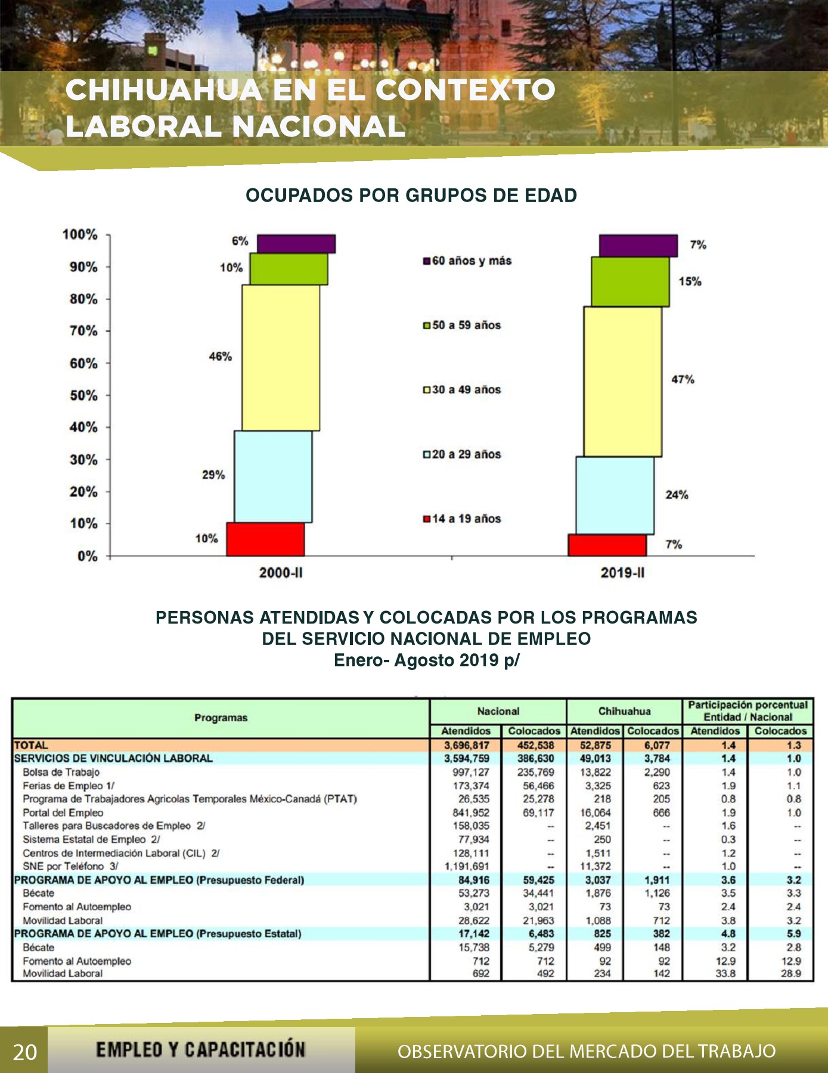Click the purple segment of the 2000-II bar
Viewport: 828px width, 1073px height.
[x=296, y=244]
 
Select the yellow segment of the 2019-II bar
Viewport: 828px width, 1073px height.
[x=622, y=382]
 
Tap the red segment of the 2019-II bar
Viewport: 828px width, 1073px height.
[x=607, y=545]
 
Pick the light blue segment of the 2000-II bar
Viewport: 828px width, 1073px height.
[x=273, y=477]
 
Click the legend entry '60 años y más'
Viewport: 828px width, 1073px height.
[x=467, y=261]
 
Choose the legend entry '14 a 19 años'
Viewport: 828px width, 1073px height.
[x=462, y=519]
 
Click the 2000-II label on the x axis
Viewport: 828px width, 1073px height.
[x=281, y=573]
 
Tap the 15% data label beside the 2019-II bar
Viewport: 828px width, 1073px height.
[x=690, y=281]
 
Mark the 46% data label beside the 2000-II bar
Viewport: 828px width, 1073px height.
[x=220, y=356]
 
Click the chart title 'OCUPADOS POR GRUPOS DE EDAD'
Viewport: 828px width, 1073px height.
[x=411, y=196]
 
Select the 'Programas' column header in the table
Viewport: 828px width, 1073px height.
[x=221, y=718]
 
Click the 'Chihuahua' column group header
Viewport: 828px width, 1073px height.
[x=624, y=711]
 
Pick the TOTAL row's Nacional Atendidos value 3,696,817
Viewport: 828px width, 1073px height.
[x=466, y=745]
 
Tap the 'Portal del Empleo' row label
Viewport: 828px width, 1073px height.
[x=63, y=812]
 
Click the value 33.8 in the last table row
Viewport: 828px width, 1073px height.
[x=725, y=973]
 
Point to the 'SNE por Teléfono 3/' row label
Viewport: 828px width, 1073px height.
[x=70, y=866]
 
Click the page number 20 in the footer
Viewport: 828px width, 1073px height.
[x=24, y=1052]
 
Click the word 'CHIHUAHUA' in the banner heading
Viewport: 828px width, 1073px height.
[x=163, y=90]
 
